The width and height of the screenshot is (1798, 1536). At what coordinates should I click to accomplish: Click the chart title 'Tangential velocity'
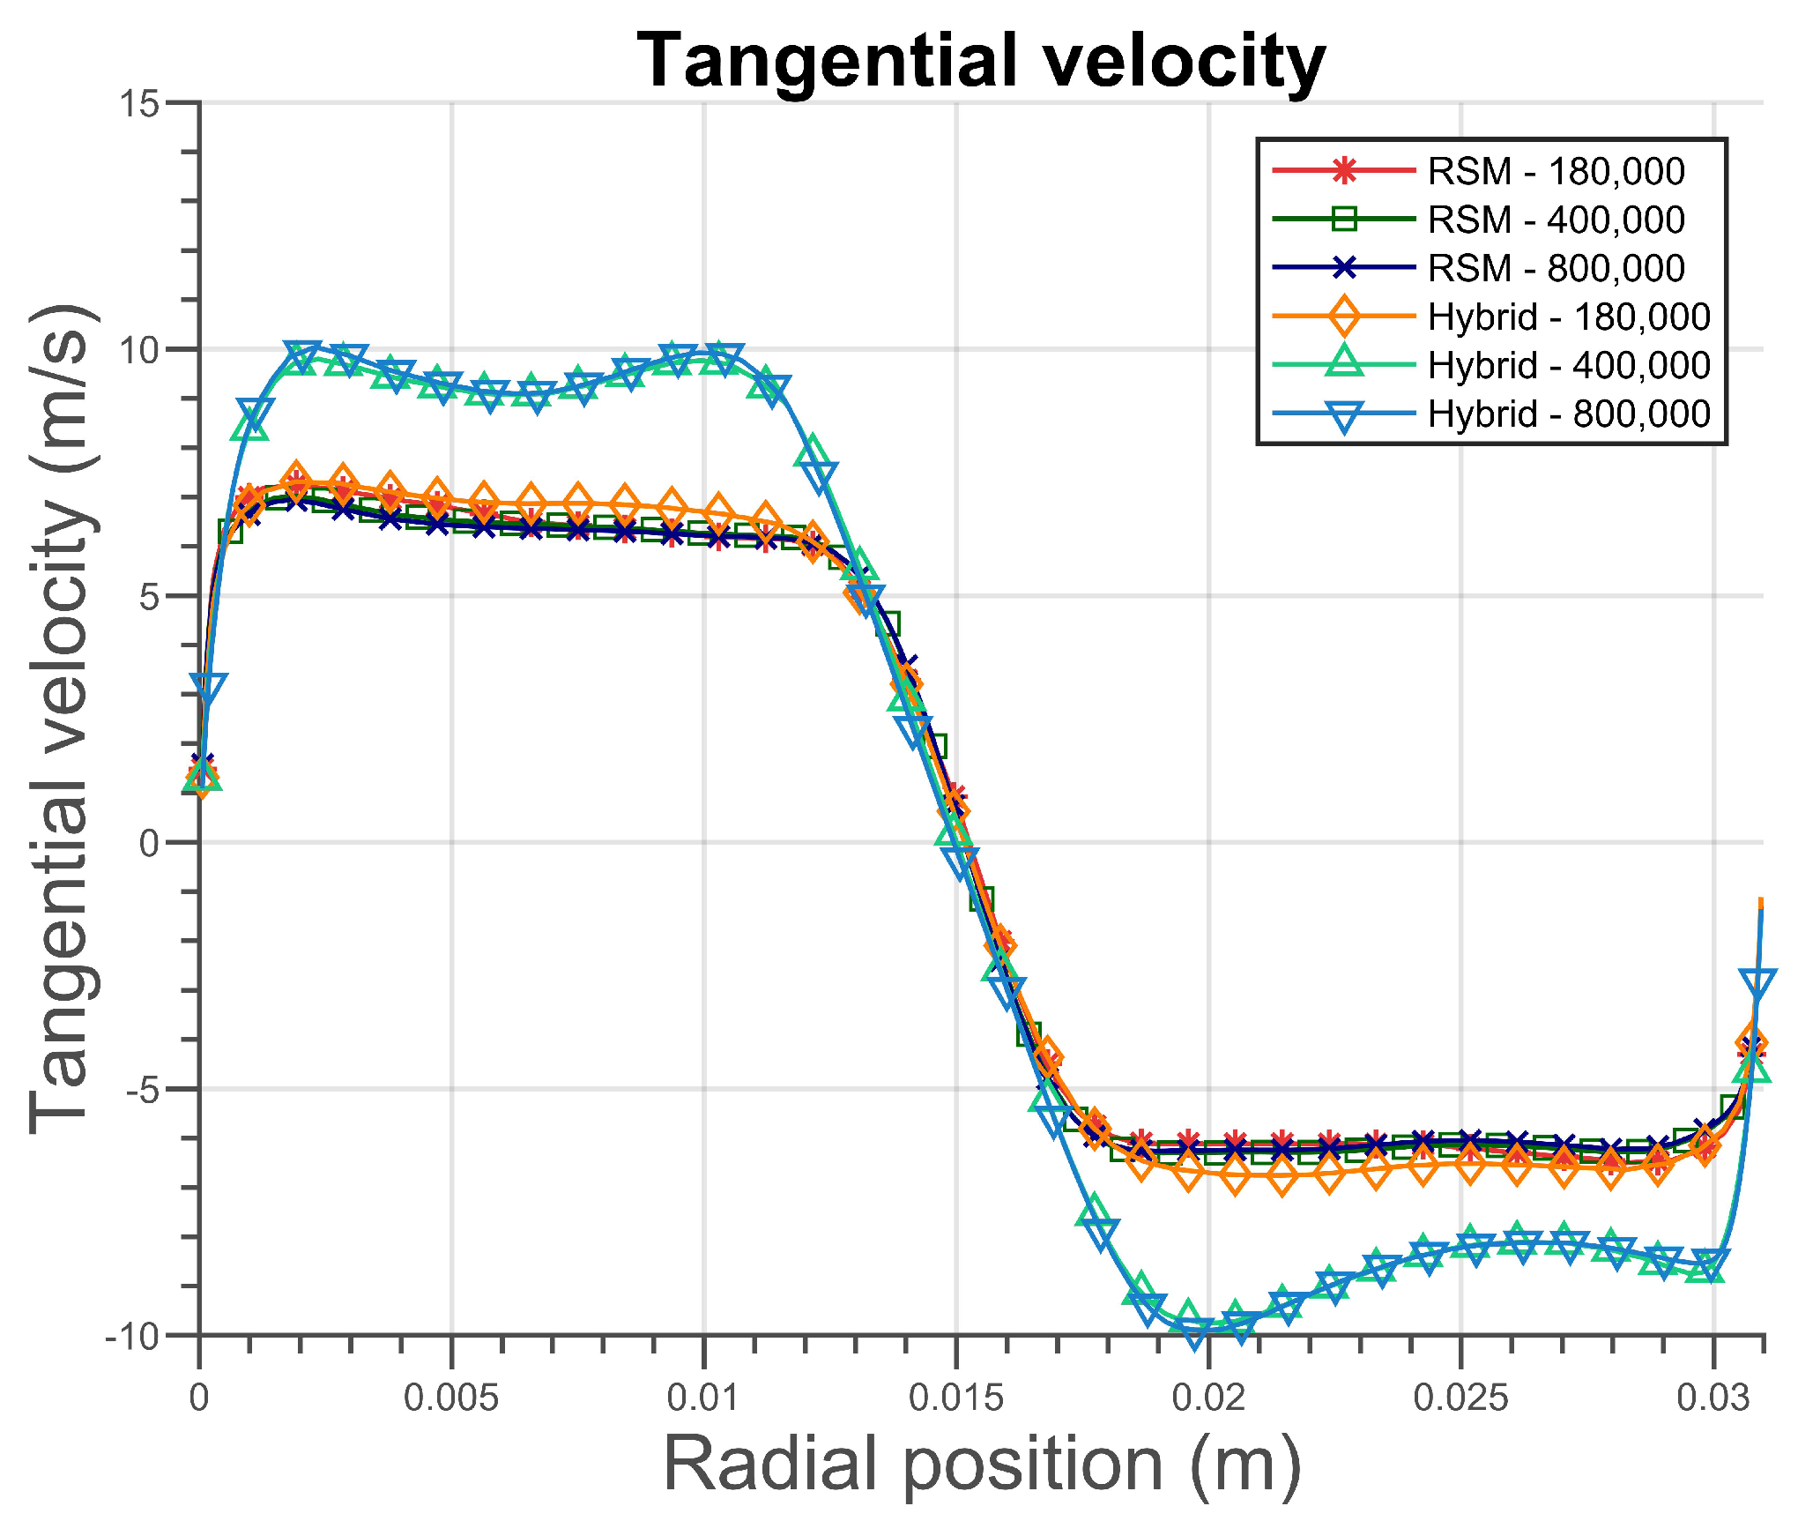pos(981,62)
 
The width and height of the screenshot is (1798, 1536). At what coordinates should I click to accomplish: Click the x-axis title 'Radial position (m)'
pos(982,1465)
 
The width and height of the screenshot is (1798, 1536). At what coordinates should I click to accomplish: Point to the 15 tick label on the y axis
pos(140,104)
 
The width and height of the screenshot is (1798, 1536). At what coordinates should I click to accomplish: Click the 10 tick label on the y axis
pos(140,350)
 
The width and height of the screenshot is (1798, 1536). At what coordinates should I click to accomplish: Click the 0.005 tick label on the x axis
pos(451,1398)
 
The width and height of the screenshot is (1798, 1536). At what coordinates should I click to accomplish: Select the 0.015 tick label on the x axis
pos(956,1398)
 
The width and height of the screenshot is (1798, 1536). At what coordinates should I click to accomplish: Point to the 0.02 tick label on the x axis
pos(1208,1398)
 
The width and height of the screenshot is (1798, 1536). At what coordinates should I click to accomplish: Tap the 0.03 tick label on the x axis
pos(1713,1398)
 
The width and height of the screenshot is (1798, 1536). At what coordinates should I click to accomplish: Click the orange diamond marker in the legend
pos(1344,316)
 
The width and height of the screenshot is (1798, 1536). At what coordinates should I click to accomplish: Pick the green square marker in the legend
pos(1344,219)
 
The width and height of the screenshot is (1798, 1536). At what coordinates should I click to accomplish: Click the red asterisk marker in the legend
pos(1344,170)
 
